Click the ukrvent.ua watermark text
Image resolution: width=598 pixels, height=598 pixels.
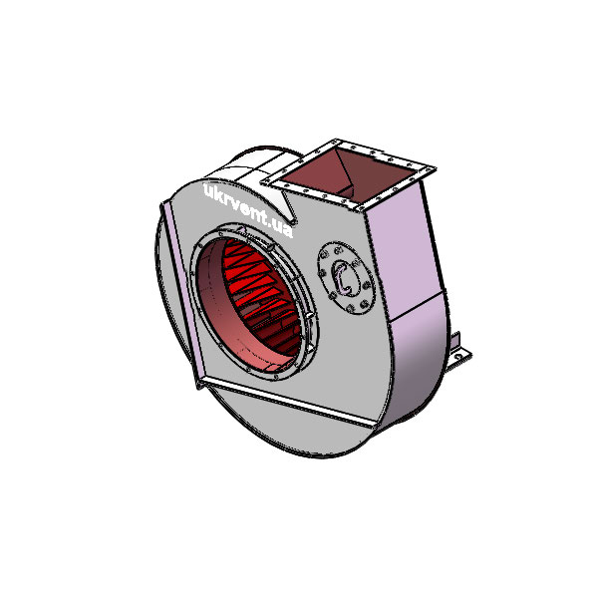pyautogui.click(x=247, y=208)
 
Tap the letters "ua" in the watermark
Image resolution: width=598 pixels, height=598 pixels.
pyautogui.click(x=283, y=230)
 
